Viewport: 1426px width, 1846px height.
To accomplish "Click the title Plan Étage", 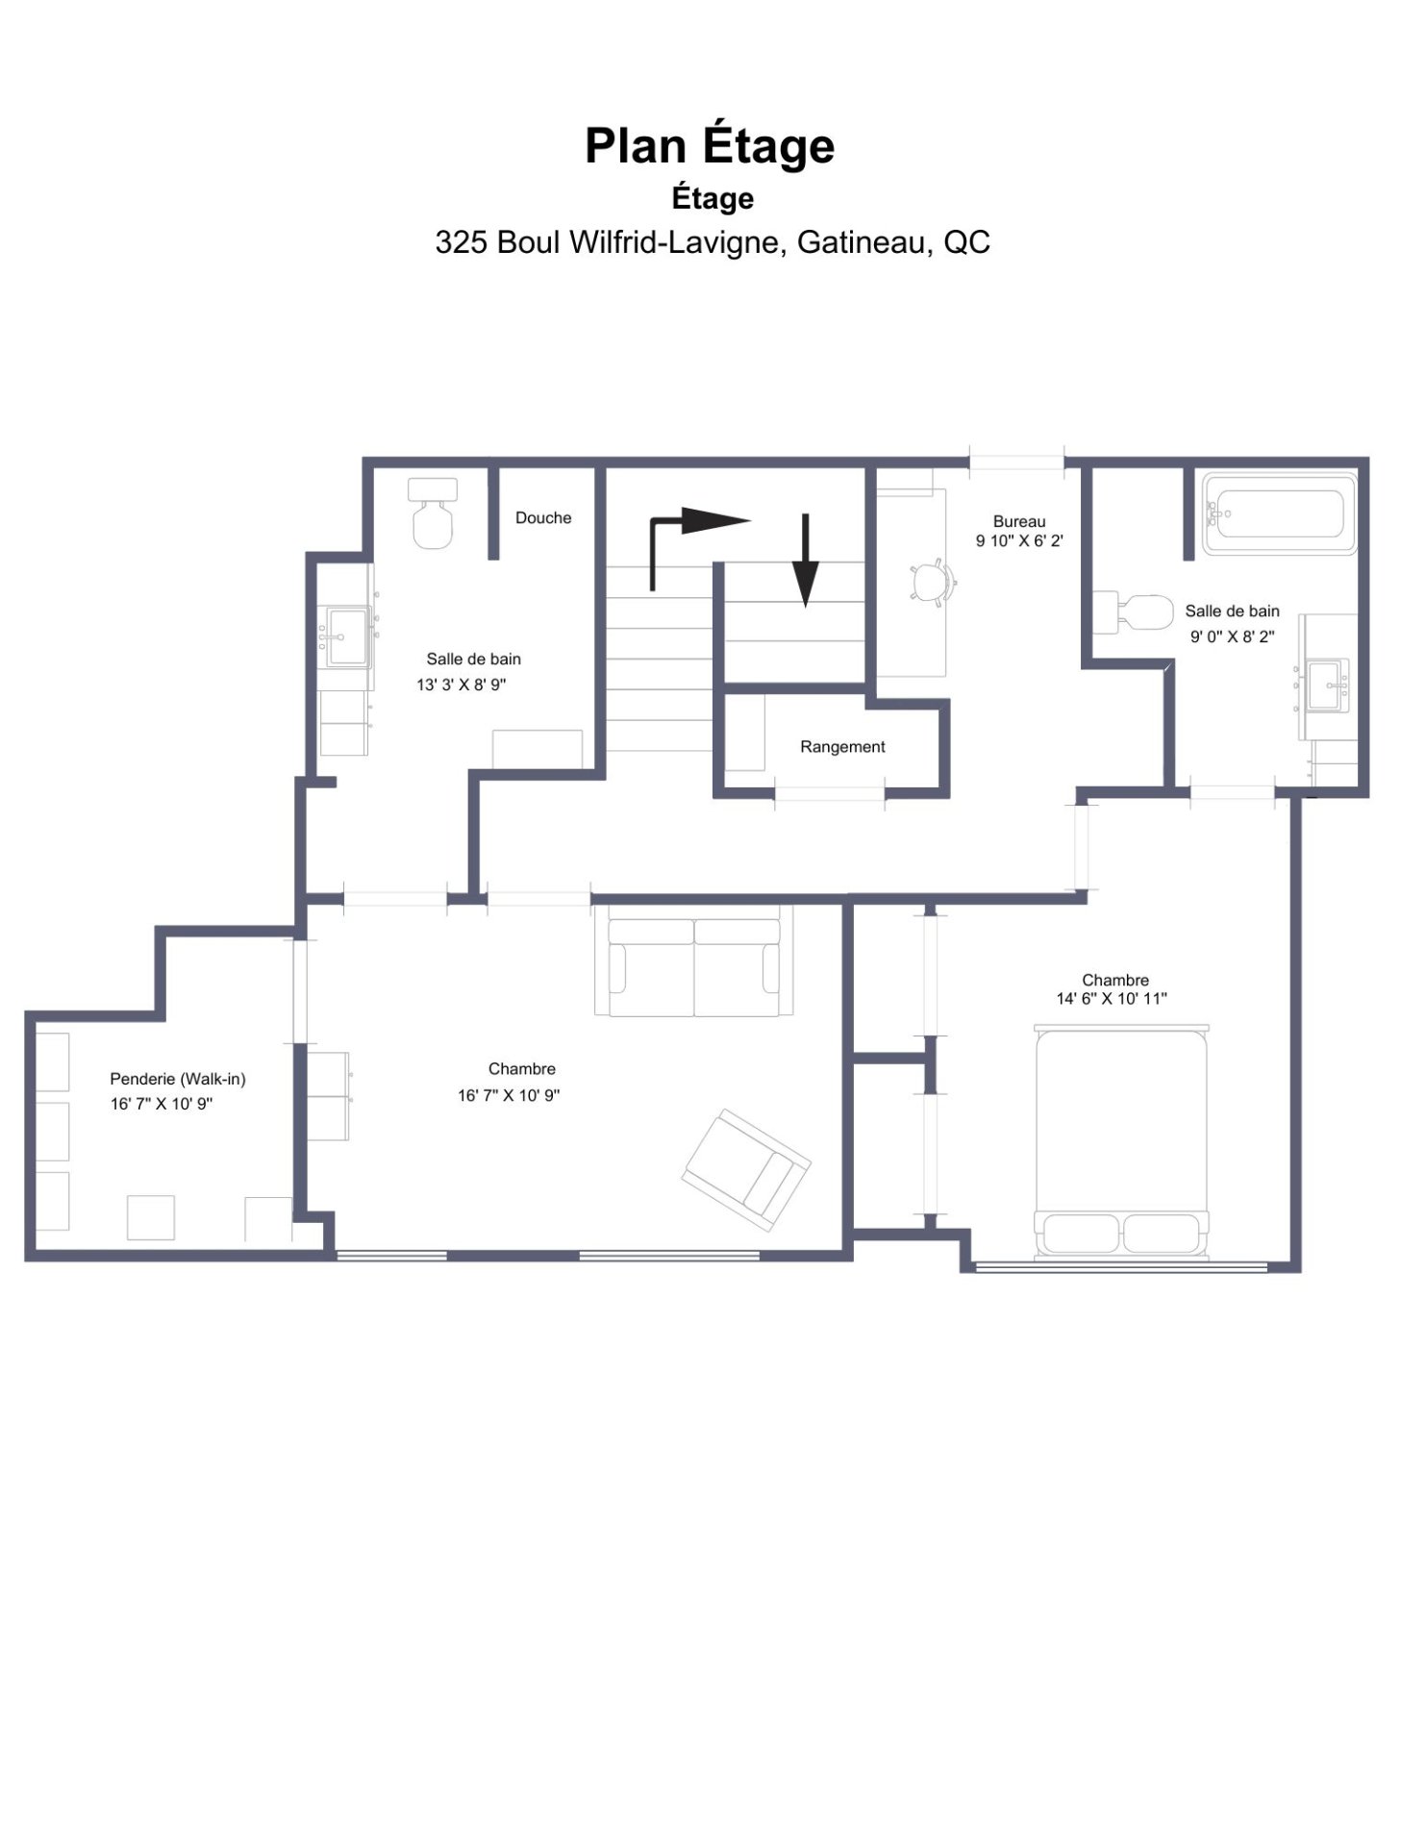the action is coord(710,147).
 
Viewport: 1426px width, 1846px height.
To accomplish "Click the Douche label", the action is coord(543,518).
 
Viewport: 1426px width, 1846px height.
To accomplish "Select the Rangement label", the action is coord(842,747).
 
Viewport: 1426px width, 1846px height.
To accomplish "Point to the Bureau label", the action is coord(1019,522).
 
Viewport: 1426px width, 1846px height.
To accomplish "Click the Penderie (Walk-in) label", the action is coord(178,1080).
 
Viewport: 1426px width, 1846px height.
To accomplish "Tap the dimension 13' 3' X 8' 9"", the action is coord(462,686).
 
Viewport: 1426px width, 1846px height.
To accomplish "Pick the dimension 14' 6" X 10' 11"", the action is coord(1112,999).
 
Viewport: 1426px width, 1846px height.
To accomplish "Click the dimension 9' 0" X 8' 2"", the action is coord(1233,636).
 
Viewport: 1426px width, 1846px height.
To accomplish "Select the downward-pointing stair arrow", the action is coord(806,561).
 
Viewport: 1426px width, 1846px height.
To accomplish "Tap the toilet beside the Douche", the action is coord(433,513).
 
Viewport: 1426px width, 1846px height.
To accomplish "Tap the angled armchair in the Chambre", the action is coord(746,1170).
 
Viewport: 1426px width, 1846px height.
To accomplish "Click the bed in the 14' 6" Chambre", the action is coord(1121,1142).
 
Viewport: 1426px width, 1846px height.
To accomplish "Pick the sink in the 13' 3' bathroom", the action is coord(347,636).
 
